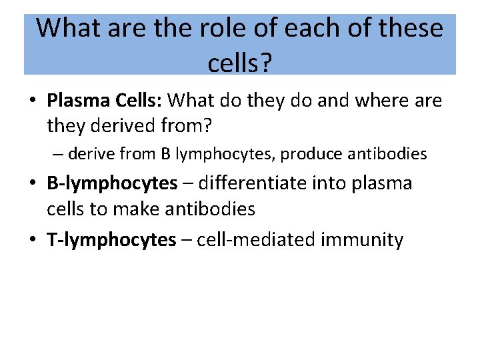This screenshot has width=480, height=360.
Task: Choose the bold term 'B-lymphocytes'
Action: pyautogui.click(x=112, y=183)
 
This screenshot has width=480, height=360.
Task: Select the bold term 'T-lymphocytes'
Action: pyautogui.click(x=111, y=239)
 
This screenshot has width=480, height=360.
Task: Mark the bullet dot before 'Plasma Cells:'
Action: pyautogui.click(x=32, y=101)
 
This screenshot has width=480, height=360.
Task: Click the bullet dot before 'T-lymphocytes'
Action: pyautogui.click(x=32, y=240)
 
